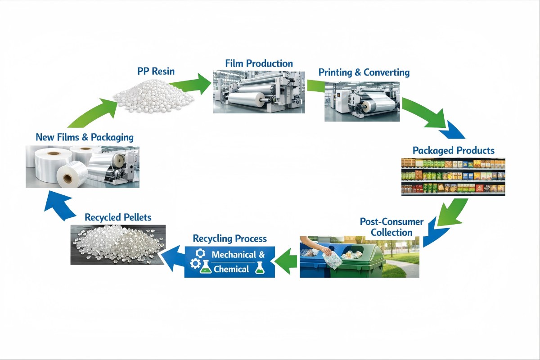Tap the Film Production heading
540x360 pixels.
(259, 63)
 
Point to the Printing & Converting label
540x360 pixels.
(364, 72)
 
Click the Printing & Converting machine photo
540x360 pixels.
(362, 101)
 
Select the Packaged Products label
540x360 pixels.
(454, 150)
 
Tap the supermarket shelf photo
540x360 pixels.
(453, 176)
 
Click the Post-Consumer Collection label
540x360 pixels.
(391, 227)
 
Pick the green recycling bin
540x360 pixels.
(360, 261)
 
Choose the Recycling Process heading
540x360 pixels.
(229, 238)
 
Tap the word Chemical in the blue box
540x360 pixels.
(231, 269)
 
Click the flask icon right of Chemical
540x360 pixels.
(259, 269)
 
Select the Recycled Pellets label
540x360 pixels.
(118, 217)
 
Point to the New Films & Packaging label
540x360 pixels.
(85, 137)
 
